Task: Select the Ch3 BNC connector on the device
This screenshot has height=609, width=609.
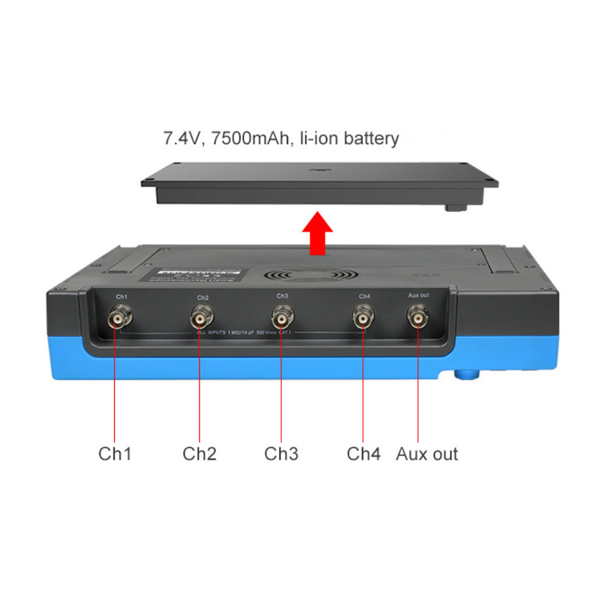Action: click(x=281, y=318)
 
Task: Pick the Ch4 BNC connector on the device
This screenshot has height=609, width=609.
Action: click(x=364, y=318)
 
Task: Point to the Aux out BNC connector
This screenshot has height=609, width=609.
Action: click(x=418, y=317)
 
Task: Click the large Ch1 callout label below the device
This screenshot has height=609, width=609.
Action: click(x=114, y=454)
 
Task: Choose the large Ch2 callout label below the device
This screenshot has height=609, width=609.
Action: click(x=199, y=454)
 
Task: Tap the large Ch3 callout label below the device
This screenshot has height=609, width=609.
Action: click(x=281, y=454)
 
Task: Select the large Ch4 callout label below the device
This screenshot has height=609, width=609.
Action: click(x=364, y=454)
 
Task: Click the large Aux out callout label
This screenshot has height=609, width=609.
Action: click(x=427, y=454)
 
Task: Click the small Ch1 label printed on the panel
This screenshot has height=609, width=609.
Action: click(x=122, y=296)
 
